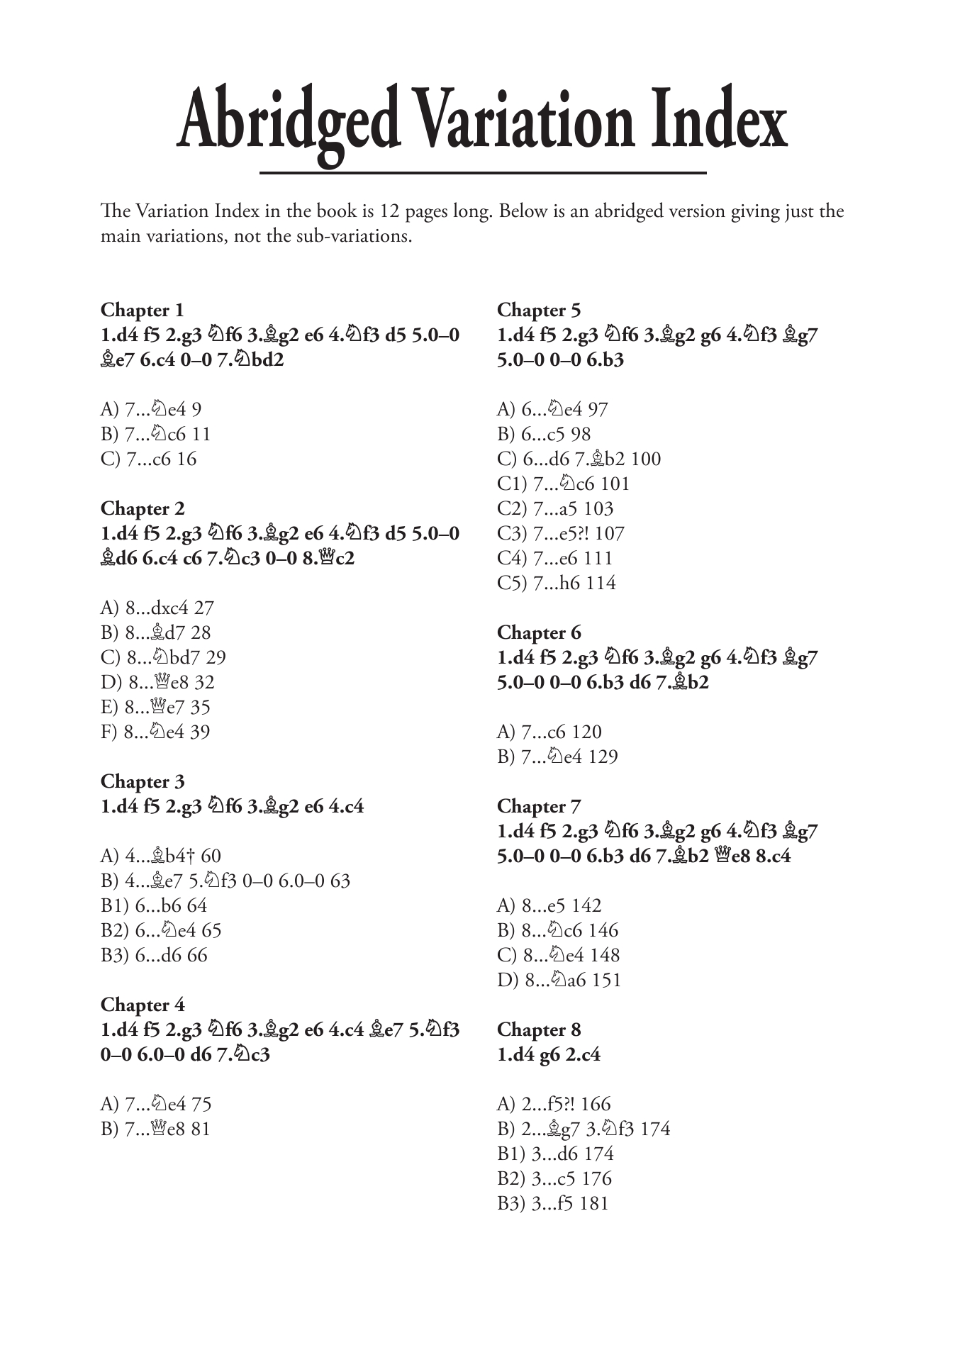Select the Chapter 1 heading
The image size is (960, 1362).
pos(142,311)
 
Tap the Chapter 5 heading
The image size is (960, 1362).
pos(539,311)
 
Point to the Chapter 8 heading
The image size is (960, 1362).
pos(539,1030)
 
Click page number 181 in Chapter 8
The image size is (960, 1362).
pos(593,1204)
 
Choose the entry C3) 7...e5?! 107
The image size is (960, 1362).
pos(560,534)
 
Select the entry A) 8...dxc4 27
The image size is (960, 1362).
pos(157,608)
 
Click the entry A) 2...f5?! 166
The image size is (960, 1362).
pos(554,1105)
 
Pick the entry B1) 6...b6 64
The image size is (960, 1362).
pos(154,906)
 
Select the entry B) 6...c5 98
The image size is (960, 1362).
pos(544,435)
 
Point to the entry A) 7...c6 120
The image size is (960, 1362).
pos(549,732)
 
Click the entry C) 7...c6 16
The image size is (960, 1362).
pos(148,459)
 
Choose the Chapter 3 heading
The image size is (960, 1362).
pos(142,782)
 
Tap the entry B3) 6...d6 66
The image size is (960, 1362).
pos(154,956)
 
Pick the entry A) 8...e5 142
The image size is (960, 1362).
pos(549,906)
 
